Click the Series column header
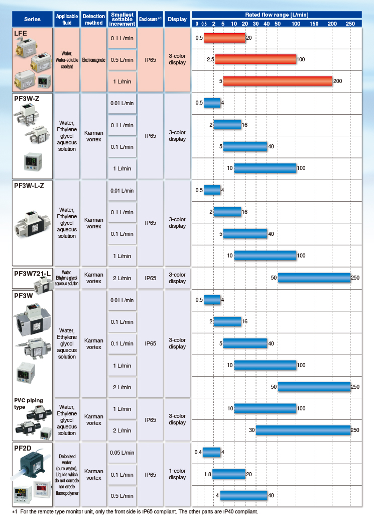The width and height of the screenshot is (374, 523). [x=32, y=19]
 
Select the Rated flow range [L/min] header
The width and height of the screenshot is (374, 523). [x=277, y=15]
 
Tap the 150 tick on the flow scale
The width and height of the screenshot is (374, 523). [x=314, y=24]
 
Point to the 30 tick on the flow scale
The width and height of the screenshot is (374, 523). [x=256, y=24]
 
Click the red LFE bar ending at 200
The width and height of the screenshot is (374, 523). [x=278, y=81]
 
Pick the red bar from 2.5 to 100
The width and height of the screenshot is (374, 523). [x=256, y=59]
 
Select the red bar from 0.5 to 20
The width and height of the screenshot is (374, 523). [x=224, y=38]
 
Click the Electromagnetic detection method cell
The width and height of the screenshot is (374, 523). [x=93, y=60]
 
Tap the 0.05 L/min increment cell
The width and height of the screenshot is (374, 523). [x=122, y=453]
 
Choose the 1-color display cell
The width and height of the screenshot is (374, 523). [x=177, y=474]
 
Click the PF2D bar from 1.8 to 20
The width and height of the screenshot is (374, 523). [x=229, y=474]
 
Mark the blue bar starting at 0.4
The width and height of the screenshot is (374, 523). [x=211, y=452]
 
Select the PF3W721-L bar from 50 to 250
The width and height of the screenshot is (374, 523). [x=314, y=278]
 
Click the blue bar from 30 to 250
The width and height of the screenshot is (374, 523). [x=303, y=430]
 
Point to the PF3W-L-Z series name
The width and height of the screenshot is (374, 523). [x=29, y=186]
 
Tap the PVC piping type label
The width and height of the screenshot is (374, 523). [x=28, y=404]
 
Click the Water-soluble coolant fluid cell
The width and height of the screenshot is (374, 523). [x=67, y=60]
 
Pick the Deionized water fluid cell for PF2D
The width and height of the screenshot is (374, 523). [x=67, y=474]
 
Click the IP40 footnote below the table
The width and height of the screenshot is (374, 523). [x=135, y=511]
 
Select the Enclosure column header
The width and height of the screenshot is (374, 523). [x=150, y=19]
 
